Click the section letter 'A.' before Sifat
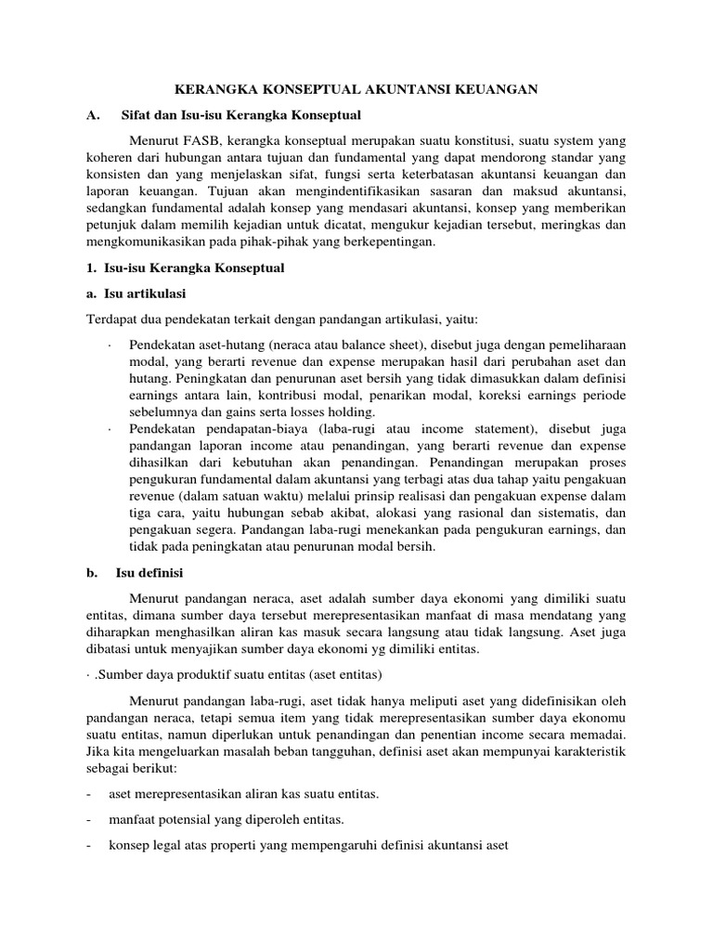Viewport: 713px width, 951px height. [x=92, y=115]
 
